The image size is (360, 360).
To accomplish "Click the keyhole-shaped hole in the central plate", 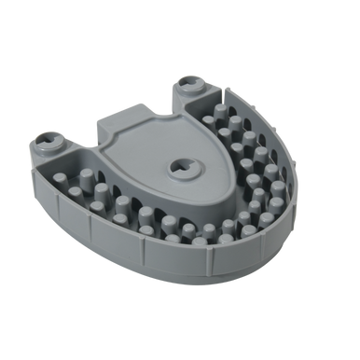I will (184, 170).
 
